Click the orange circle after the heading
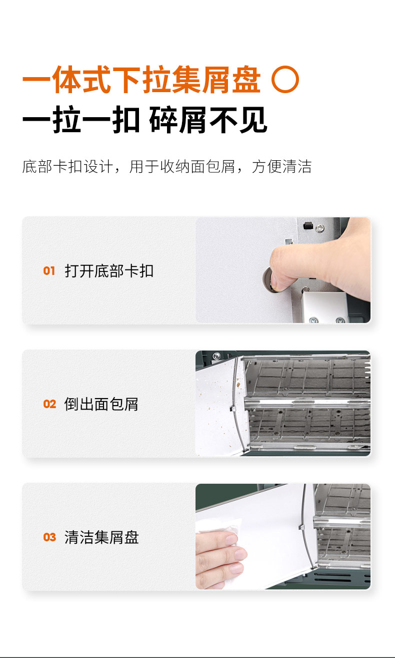click(285, 79)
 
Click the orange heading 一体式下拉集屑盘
click(141, 80)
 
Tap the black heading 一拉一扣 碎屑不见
click(145, 120)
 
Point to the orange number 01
click(49, 271)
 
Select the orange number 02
click(49, 404)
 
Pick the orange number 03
click(49, 537)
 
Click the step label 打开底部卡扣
click(109, 271)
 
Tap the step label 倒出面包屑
click(101, 404)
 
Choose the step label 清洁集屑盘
click(101, 537)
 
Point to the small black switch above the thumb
click(307, 226)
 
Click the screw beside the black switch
click(319, 227)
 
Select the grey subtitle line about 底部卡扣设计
click(167, 167)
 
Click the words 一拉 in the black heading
click(51, 120)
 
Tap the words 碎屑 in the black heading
click(178, 120)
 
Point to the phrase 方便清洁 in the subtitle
click(281, 167)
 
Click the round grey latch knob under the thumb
click(268, 279)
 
